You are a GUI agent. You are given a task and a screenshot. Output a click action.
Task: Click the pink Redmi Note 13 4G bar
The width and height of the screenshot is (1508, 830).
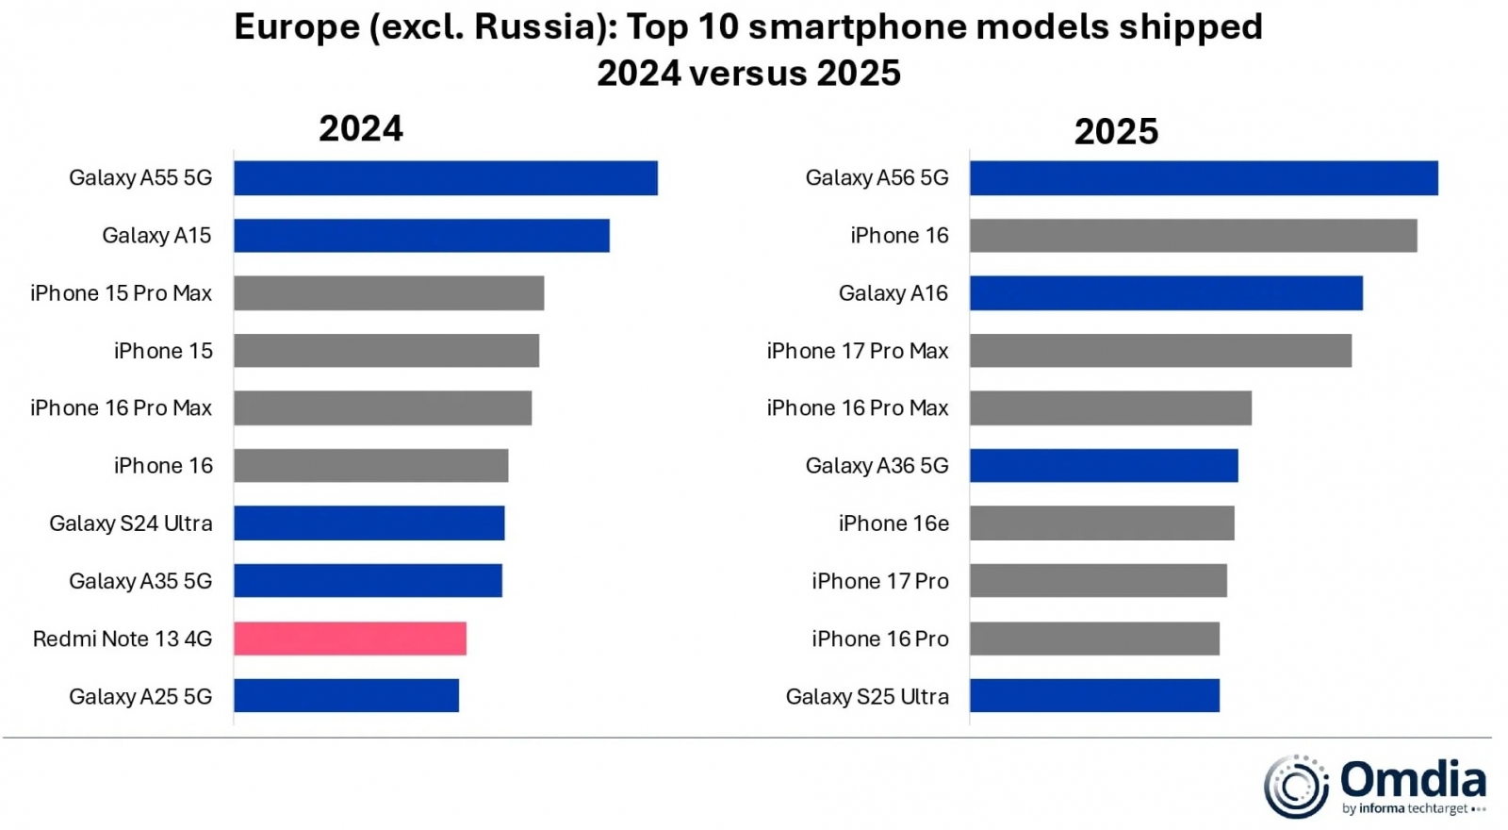350,639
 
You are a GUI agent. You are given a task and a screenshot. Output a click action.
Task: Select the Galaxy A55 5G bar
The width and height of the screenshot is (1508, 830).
445,178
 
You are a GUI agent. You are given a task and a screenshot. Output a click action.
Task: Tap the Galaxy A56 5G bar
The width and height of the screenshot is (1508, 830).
1204,178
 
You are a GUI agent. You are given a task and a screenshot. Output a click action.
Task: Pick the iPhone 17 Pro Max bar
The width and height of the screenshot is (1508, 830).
1160,351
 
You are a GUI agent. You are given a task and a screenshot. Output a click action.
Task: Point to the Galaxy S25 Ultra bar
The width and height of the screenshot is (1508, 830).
1094,696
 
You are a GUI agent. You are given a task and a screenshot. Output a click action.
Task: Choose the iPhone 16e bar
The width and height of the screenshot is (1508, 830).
1102,523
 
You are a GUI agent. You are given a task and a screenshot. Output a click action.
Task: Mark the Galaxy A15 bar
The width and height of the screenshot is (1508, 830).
421,236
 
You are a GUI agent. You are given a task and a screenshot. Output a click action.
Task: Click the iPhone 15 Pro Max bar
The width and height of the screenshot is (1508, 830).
388,293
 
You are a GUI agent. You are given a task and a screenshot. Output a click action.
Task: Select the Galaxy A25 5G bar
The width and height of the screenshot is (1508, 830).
346,696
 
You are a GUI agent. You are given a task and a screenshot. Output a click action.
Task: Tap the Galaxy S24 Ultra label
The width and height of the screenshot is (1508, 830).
131,523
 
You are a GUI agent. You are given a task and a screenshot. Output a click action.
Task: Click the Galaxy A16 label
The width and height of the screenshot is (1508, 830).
893,293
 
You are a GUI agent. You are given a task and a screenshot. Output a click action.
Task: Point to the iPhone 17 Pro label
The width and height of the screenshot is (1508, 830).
880,581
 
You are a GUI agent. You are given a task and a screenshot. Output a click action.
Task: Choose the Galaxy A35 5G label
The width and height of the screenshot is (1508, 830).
140,581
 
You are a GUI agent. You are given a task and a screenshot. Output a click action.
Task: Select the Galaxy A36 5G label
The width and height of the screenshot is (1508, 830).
877,466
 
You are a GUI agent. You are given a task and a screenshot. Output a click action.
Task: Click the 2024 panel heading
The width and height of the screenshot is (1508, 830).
361,129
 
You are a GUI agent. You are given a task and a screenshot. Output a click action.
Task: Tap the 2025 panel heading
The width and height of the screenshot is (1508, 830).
1116,132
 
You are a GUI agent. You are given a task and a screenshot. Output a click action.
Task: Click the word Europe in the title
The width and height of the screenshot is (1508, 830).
297,27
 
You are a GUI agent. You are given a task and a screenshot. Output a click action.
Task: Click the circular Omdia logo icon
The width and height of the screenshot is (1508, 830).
1296,786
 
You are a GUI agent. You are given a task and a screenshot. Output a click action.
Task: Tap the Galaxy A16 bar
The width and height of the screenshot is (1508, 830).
1166,293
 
